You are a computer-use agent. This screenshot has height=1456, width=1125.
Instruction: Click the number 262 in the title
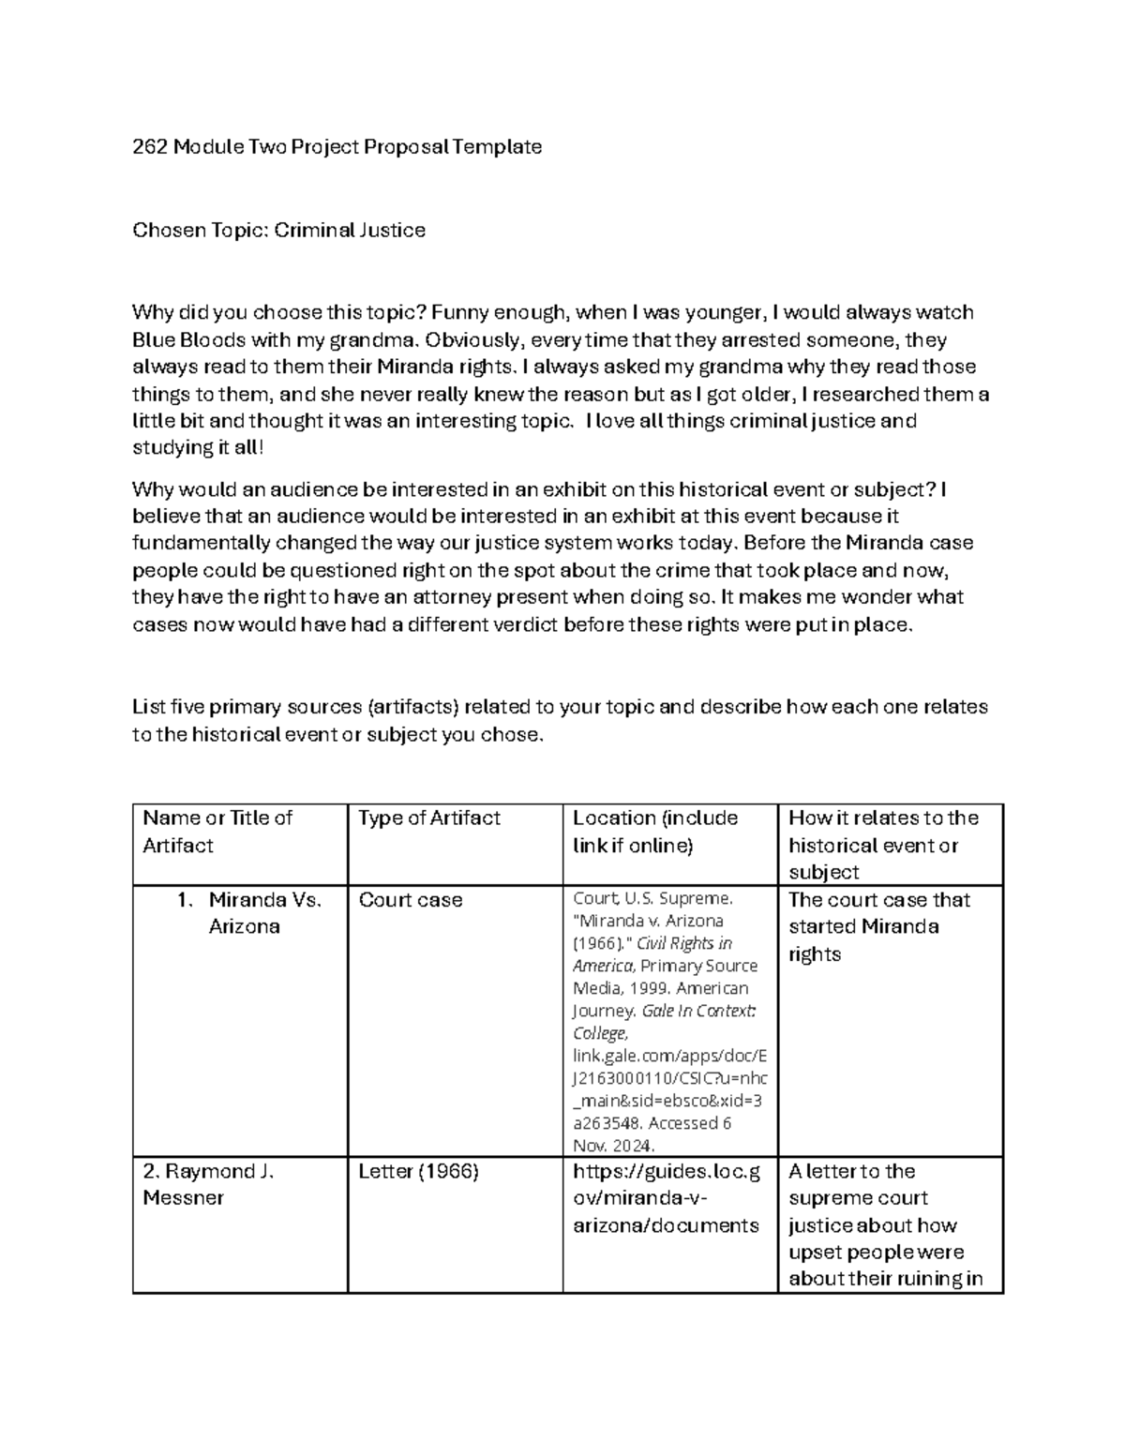pos(150,147)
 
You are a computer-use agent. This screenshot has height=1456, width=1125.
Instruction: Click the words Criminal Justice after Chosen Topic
pos(349,231)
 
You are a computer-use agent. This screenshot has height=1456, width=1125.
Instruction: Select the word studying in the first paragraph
pos(172,448)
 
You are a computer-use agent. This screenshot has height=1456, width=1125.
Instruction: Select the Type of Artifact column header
pos(428,818)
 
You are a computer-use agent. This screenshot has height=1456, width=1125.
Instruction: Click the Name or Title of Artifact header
pos(217,832)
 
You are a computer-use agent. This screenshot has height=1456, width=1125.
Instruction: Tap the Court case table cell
pos(410,900)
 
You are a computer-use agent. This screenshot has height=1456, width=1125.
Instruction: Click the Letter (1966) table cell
pos(418,1171)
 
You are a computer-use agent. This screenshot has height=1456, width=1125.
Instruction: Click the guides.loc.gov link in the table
pos(666,1198)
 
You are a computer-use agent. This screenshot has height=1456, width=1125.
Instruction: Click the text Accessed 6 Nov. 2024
pos(652,1134)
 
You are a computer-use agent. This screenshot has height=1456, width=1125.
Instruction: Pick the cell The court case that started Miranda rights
pos(878,926)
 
